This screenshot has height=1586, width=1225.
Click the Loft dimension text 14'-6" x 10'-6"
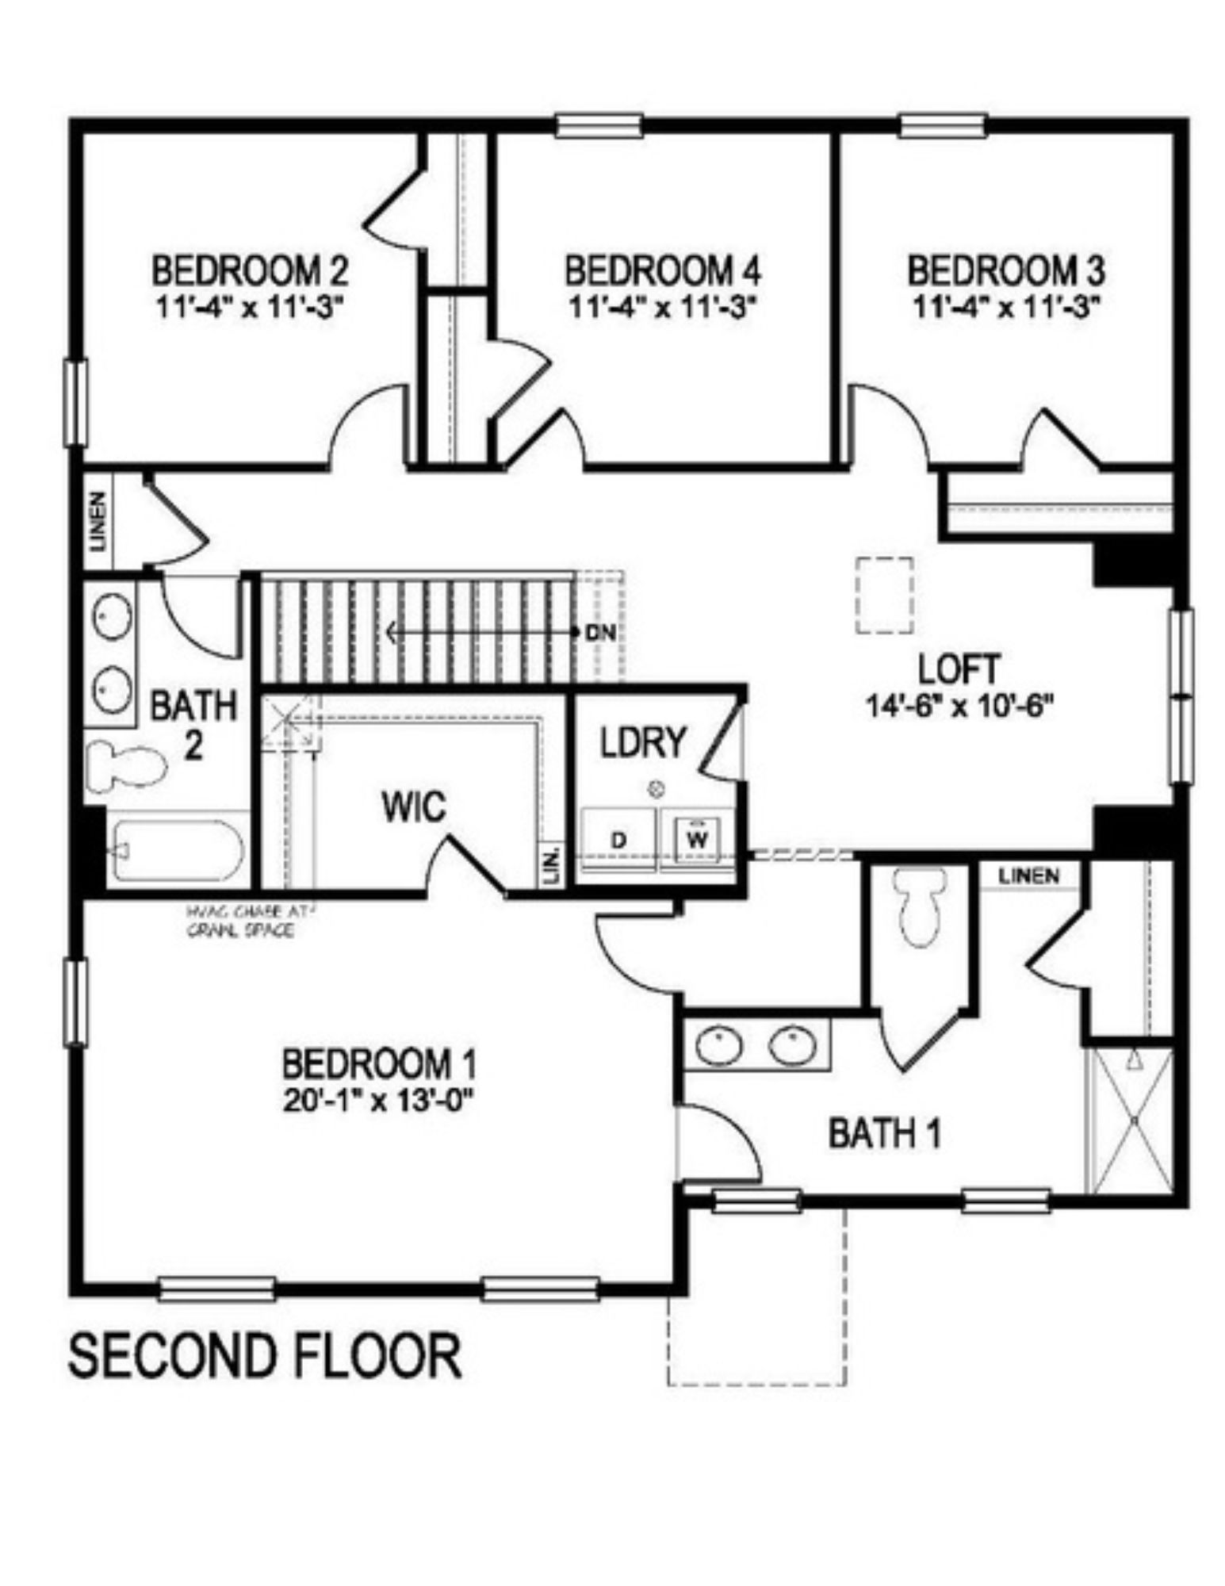(x=959, y=705)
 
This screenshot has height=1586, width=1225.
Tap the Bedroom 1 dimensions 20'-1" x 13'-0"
(x=380, y=1101)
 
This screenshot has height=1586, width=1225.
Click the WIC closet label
(x=413, y=807)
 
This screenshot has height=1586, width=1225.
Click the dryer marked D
(x=618, y=840)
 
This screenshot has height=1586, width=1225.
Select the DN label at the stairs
(x=601, y=633)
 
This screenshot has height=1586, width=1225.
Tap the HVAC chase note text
(x=239, y=920)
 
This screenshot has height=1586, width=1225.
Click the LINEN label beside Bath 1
(x=1028, y=876)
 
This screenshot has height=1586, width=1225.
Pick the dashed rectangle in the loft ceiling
(x=884, y=595)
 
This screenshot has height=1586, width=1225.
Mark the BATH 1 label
(x=885, y=1134)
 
